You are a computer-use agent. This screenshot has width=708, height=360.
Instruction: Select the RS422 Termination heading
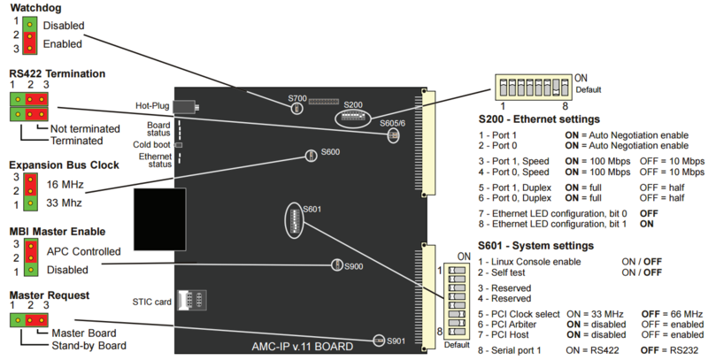click(x=58, y=73)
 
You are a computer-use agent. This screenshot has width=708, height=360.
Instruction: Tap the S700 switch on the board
click(x=297, y=108)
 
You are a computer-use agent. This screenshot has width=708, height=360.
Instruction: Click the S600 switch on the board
click(x=311, y=156)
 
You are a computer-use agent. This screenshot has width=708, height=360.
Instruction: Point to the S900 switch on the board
click(x=336, y=265)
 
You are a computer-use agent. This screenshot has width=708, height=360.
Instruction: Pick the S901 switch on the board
click(x=380, y=341)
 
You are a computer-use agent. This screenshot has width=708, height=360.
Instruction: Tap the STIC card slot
click(x=188, y=300)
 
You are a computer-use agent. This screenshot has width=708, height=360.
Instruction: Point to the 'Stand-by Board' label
click(x=88, y=345)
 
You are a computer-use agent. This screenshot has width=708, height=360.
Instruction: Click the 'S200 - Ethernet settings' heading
click(x=538, y=118)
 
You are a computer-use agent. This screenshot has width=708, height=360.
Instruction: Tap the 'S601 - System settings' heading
click(x=535, y=245)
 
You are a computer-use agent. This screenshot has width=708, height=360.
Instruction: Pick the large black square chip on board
click(x=160, y=218)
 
